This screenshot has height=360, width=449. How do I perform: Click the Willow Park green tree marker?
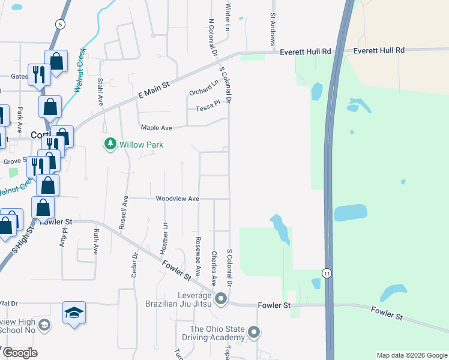(110, 145)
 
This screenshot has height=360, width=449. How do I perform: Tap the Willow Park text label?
(141, 145)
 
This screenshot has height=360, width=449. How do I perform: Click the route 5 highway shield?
(59, 23)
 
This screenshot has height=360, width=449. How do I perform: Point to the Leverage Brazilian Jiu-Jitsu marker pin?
(221, 298)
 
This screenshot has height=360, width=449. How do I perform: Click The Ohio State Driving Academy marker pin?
(254, 332)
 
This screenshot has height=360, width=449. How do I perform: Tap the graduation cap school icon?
(74, 313)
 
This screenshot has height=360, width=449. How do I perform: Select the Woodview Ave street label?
(177, 198)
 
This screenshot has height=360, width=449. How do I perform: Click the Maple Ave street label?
(156, 128)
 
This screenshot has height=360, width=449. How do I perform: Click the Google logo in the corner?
(19, 352)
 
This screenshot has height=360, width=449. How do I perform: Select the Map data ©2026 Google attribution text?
(411, 355)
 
